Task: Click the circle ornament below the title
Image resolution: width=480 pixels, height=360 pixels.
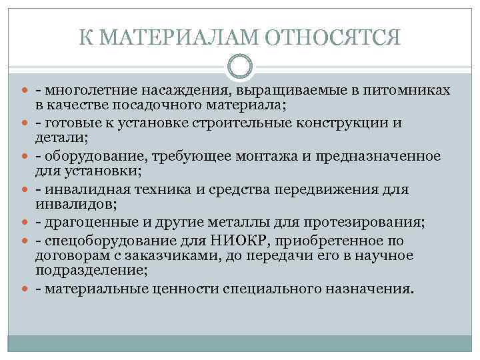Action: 240,67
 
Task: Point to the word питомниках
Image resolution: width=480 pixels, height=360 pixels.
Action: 407,89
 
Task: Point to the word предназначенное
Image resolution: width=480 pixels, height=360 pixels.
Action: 377,157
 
